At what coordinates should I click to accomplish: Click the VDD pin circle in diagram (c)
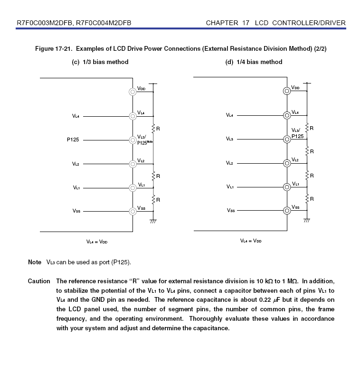pyautogui.click(x=133, y=92)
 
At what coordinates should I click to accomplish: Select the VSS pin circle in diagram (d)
pyautogui.click(x=287, y=210)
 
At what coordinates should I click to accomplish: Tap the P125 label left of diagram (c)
pyautogui.click(x=73, y=140)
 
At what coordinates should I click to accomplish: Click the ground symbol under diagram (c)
pyautogui.click(x=153, y=221)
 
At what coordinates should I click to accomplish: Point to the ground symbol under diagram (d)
pyautogui.click(x=307, y=221)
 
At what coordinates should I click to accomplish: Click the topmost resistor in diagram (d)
pyautogui.click(x=307, y=128)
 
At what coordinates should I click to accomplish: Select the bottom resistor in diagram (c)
pyautogui.click(x=153, y=199)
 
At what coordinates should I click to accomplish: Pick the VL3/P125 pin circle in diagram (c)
pyautogui.click(x=133, y=140)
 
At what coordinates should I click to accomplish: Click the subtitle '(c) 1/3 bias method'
pyautogui.click(x=99, y=62)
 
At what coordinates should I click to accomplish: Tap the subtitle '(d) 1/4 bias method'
pyautogui.click(x=254, y=62)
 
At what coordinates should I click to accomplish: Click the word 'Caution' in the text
pyautogui.click(x=39, y=281)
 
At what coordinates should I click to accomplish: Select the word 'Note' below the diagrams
pyautogui.click(x=35, y=262)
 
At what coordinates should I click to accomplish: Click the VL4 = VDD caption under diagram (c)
pyautogui.click(x=97, y=242)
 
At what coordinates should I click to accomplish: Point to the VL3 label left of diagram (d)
pyautogui.click(x=229, y=139)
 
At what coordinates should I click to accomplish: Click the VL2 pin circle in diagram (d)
pyautogui.click(x=287, y=163)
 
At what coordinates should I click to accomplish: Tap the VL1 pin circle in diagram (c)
pyautogui.click(x=133, y=187)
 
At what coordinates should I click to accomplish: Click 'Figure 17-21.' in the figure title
pyautogui.click(x=54, y=49)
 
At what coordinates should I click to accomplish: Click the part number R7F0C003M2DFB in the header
pyautogui.click(x=44, y=23)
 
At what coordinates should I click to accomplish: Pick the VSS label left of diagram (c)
pyautogui.click(x=76, y=212)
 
